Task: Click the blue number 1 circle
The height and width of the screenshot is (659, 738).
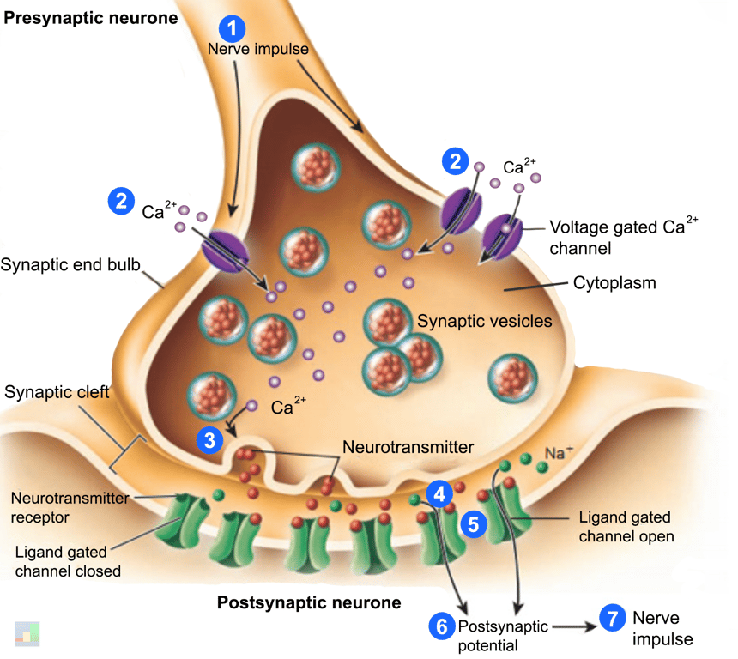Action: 233,27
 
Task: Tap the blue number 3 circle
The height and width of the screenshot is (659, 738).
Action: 209,440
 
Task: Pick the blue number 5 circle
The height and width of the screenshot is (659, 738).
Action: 473,523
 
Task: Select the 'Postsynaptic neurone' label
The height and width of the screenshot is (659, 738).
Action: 309,602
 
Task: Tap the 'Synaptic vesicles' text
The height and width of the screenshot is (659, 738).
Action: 484,322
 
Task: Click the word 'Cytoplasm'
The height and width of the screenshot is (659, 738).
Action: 614,281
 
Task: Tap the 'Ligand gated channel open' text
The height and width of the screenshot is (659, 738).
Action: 625,527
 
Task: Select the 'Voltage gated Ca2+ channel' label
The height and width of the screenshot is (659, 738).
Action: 624,238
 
